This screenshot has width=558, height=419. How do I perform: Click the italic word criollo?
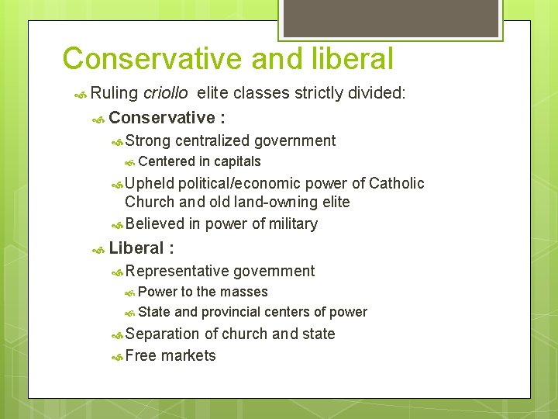point(165,94)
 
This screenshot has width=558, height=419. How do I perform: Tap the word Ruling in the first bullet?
point(114,94)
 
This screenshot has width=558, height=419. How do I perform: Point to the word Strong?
point(148,140)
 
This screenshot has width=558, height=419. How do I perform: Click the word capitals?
point(237,161)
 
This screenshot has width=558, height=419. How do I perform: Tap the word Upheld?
point(149,183)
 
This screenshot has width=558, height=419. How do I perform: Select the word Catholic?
point(397,183)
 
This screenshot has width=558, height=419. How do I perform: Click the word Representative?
point(177,271)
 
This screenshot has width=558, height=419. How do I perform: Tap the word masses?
point(243,292)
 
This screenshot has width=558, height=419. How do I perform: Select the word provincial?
point(231,312)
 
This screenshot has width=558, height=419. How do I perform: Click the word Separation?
point(162,334)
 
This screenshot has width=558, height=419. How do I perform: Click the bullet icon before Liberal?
point(98,249)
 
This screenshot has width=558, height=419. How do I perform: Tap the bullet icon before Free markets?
point(116,356)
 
